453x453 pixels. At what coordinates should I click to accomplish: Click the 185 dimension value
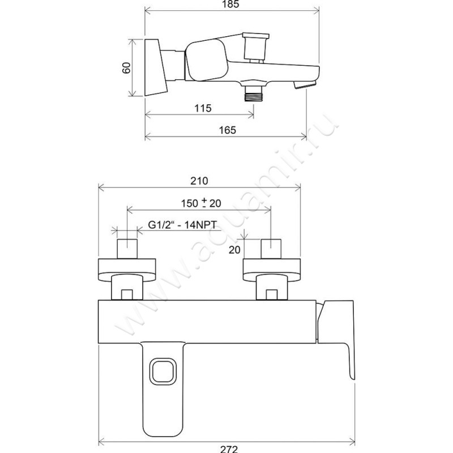231,4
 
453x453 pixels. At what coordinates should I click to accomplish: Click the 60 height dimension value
126,67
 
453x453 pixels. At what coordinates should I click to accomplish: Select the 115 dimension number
203,108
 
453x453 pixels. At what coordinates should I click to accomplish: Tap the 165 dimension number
228,130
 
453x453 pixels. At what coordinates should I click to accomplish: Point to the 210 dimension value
199,181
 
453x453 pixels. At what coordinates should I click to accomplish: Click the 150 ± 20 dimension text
201,203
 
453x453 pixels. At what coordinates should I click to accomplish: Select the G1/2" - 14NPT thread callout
182,224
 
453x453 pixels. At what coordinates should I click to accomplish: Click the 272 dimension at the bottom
229,449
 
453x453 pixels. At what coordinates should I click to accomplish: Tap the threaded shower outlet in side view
253,93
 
